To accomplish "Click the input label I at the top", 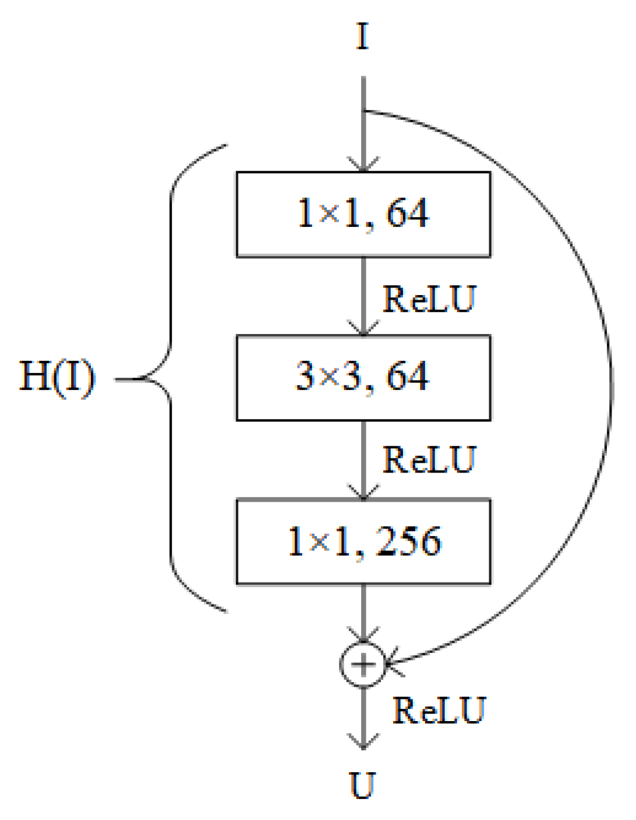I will coord(362,37).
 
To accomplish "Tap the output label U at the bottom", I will coord(362,785).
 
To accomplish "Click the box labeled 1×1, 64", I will coord(363,214).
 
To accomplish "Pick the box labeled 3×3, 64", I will coord(363,378).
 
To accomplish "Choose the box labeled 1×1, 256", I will coord(363,541).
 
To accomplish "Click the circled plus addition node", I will coord(363,664).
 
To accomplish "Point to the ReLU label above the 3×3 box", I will coord(429,299).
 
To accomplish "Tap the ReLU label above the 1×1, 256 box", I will coord(429,460).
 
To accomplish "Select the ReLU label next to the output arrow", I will coord(439,711).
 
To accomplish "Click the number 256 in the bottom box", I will coord(409,541).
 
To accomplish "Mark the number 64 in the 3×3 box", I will coord(408,377).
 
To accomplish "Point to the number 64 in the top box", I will coord(408,213).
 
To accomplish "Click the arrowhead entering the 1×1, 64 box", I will coord(363,166).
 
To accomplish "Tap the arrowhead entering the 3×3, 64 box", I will coord(363,329).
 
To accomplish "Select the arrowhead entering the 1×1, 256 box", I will coord(363,494).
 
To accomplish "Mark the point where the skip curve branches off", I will coord(363,111).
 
